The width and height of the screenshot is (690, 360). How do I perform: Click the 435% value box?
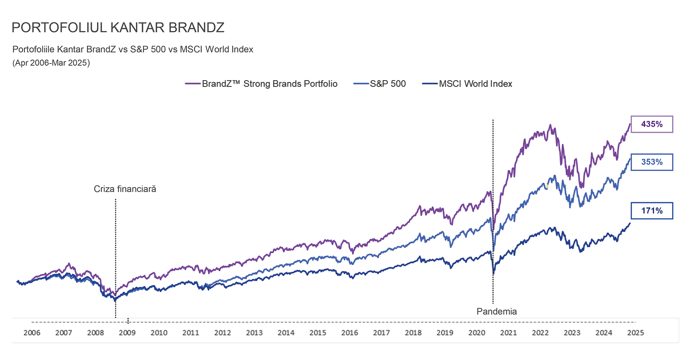[x=652, y=124]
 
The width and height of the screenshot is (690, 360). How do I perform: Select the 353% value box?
[x=652, y=162]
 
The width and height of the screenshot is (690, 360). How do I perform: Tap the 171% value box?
[x=652, y=211]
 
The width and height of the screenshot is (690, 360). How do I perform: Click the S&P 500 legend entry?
[x=379, y=84]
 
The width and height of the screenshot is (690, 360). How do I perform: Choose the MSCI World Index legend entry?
[x=467, y=84]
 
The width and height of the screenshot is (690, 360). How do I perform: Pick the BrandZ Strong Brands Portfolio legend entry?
[x=261, y=84]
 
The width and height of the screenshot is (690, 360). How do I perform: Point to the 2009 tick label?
[x=127, y=333]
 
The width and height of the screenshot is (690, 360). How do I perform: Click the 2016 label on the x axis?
[x=350, y=333]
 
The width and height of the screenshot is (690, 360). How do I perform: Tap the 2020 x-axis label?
[x=477, y=333]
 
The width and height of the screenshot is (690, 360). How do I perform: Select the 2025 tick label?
[x=635, y=333]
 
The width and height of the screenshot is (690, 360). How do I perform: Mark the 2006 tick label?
[x=32, y=333]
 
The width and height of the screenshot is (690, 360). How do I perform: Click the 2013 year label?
[x=254, y=333]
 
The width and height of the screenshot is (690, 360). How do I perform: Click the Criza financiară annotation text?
[x=125, y=189]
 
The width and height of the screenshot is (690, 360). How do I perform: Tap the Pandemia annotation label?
[x=497, y=311]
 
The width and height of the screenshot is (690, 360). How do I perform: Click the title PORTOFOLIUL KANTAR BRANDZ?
[x=118, y=27]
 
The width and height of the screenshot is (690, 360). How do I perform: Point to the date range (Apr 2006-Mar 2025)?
[x=51, y=63]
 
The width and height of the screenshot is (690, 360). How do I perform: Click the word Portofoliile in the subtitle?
[x=34, y=49]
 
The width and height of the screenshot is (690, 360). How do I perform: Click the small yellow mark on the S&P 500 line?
[x=547, y=187]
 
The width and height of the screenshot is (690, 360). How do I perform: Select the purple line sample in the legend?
[x=193, y=84]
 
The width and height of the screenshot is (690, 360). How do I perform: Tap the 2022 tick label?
[x=540, y=333]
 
